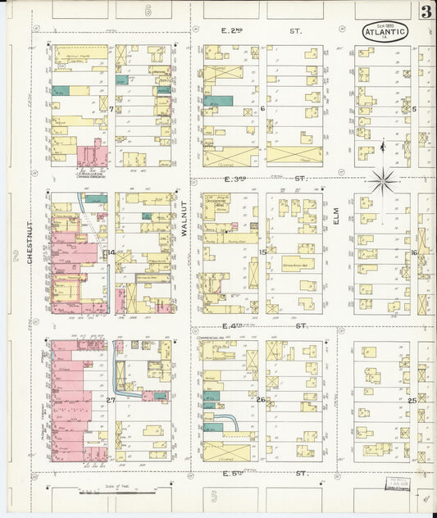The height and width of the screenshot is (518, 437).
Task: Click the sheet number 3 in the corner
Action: tap(426, 12)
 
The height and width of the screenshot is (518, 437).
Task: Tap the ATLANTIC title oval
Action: tap(385, 33)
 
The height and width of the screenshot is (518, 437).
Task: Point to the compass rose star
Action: tap(383, 181)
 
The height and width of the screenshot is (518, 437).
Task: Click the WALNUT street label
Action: tap(185, 221)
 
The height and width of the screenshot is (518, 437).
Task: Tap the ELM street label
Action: tap(336, 215)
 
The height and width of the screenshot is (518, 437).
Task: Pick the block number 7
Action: tap(111, 108)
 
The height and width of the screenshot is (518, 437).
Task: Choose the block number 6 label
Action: tap(262, 108)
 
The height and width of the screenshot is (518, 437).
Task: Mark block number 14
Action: tap(111, 252)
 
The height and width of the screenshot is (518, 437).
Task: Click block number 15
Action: tap(262, 252)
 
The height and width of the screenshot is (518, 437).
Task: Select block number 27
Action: tap(111, 399)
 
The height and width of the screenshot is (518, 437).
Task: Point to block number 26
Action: tap(261, 399)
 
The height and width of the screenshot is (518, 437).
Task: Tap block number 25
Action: tap(412, 400)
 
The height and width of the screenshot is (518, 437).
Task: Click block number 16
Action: tap(414, 252)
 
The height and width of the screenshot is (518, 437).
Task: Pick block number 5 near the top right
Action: tap(414, 108)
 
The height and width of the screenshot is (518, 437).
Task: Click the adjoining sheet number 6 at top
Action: tap(148, 11)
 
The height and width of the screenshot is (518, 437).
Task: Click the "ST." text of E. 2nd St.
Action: tap(295, 31)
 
